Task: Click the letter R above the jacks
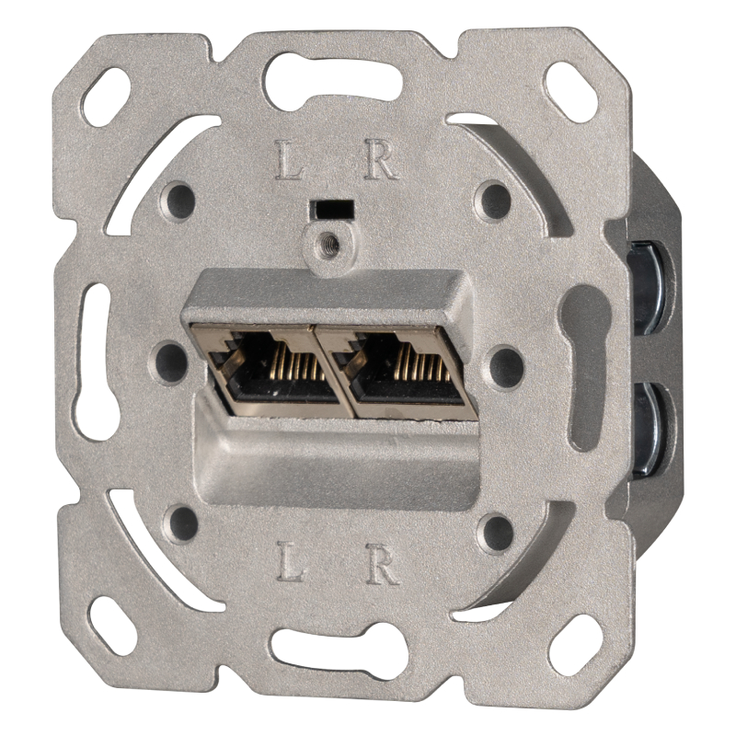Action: tap(381, 159)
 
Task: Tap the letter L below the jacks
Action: tap(291, 561)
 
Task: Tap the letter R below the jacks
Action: tap(383, 563)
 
